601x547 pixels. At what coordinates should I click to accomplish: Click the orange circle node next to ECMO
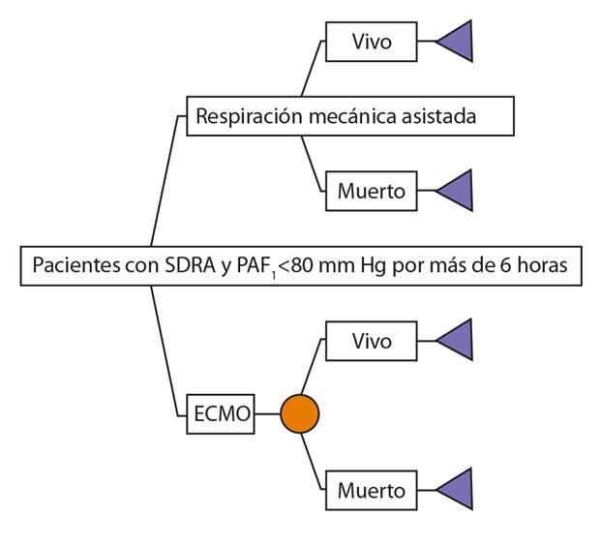[x=300, y=414]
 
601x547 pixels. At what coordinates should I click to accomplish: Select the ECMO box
[x=219, y=414]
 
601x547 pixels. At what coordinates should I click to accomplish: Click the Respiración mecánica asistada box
[x=348, y=116]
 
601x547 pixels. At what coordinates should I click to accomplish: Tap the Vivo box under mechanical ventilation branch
[x=372, y=42]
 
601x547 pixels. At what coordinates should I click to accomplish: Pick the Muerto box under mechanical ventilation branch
[x=372, y=191]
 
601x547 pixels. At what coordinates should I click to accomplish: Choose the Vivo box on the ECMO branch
[x=372, y=341]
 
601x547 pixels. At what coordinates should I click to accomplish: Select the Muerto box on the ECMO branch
[x=372, y=490]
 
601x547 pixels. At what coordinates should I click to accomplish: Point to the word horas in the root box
[x=545, y=265]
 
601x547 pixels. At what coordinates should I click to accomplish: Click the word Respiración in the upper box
[x=247, y=117]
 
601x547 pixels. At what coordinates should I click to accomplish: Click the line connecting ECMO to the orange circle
[x=267, y=414]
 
